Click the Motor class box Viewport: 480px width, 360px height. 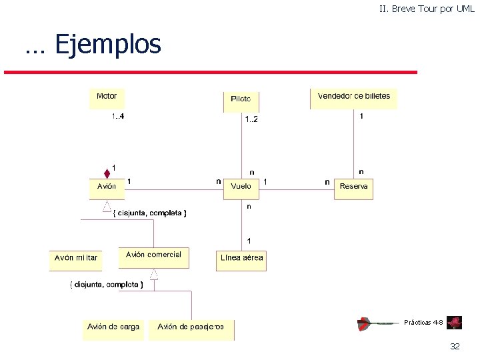pos(107,98)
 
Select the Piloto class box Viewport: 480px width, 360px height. pos(241,101)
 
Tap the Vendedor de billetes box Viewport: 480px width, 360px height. pos(354,98)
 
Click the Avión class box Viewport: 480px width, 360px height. pos(107,188)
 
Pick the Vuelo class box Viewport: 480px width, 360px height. pos(241,188)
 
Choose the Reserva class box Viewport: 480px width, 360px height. pos(353,188)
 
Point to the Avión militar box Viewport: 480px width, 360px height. pos(77,259)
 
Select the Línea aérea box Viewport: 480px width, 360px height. pos(241,260)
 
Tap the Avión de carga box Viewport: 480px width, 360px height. pos(113,329)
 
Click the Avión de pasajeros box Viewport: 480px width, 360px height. pos(191,329)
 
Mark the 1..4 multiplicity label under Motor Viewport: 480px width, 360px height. pos(117,117)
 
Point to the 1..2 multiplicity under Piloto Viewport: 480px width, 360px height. pos(251,119)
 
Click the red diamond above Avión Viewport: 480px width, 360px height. pos(107,174)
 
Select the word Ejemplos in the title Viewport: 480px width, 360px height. pos(108,45)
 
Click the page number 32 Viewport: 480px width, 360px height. pos(455,347)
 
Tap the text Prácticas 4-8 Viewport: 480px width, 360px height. pos(423,323)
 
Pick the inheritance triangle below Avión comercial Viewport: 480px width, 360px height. pos(154,274)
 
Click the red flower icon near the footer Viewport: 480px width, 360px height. pos(455,323)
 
